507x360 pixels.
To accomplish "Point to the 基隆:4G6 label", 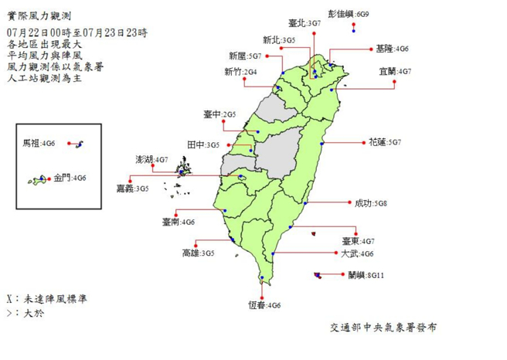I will pyautogui.click(x=392, y=49).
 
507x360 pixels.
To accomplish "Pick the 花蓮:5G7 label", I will pyautogui.click(x=385, y=142).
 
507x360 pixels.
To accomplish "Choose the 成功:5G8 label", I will pyautogui.click(x=370, y=203).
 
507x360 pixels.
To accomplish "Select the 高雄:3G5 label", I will pyautogui.click(x=198, y=253).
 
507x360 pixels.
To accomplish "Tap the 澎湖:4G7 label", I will pyautogui.click(x=151, y=159).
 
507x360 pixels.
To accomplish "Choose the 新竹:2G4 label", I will pyautogui.click(x=240, y=72).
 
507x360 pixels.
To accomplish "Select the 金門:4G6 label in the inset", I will pyautogui.click(x=70, y=178).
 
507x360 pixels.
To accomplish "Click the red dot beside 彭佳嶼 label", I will pyautogui.click(x=353, y=25).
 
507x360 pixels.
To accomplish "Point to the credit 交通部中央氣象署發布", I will pyautogui.click(x=382, y=328).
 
